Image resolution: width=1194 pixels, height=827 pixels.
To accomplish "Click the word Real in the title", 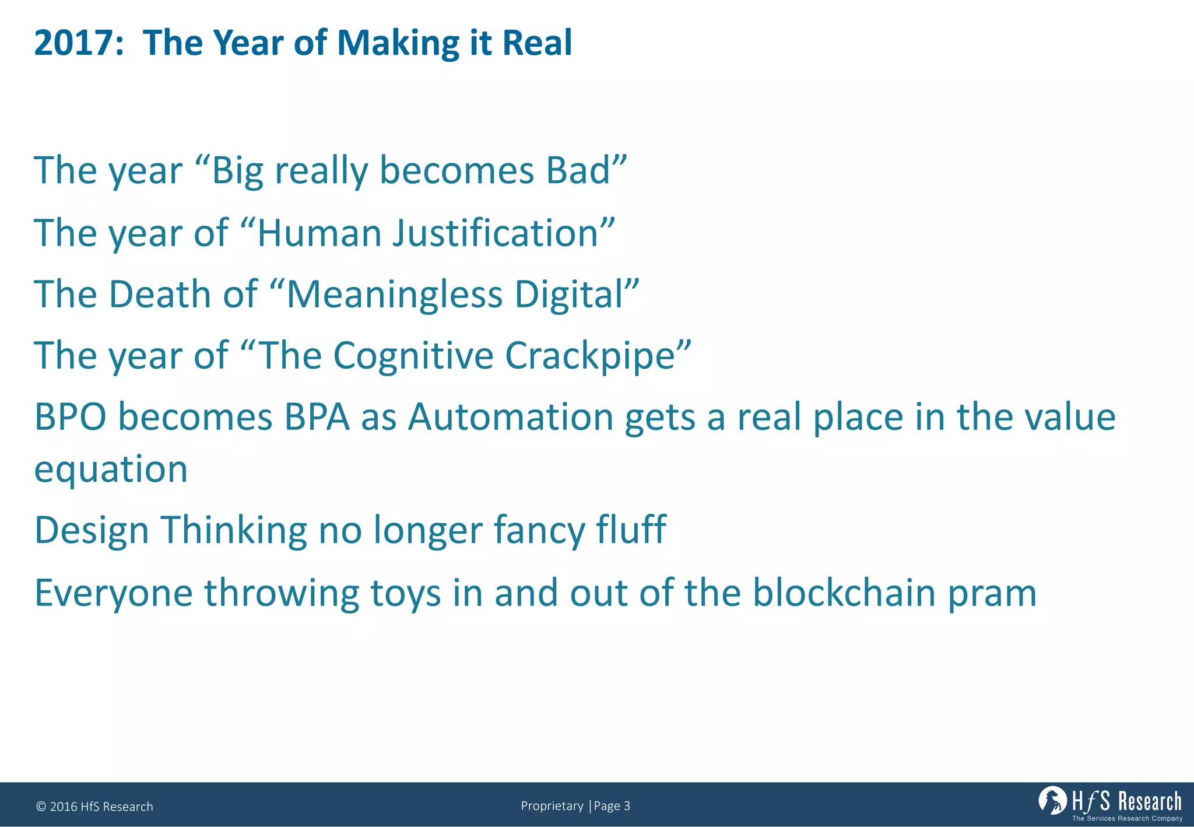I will [537, 43].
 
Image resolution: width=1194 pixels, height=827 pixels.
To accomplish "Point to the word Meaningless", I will [394, 294].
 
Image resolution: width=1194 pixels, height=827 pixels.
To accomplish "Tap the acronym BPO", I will [71, 417].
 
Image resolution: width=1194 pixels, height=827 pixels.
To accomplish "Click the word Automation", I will [510, 417].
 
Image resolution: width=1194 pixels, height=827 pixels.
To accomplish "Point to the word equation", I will [111, 469].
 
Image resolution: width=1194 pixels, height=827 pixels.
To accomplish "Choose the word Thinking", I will [233, 530].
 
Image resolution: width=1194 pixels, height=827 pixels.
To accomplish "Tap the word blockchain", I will [844, 593].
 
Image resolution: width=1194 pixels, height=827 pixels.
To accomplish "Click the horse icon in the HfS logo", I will [1052, 800].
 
